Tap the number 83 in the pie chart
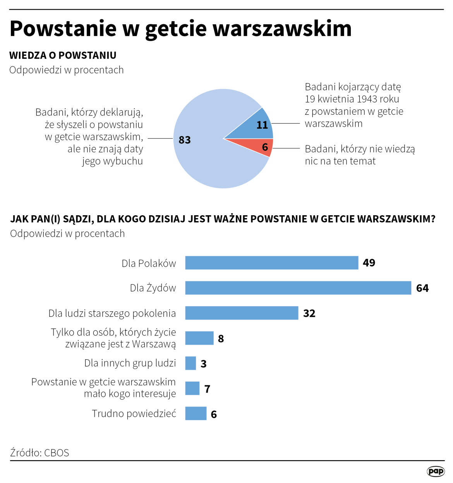185,140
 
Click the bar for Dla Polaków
271,263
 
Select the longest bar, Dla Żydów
298,288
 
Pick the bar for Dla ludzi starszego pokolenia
241,313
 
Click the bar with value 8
199,338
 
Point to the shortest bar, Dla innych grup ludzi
190,363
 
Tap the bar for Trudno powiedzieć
196,413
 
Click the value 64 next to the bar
422,288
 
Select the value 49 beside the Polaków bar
369,263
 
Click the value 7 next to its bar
207,389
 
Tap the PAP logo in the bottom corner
436,471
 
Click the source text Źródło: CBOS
39,452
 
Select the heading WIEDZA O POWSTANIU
63,55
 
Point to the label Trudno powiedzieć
134,413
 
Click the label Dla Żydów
153,288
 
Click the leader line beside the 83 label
160,138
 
